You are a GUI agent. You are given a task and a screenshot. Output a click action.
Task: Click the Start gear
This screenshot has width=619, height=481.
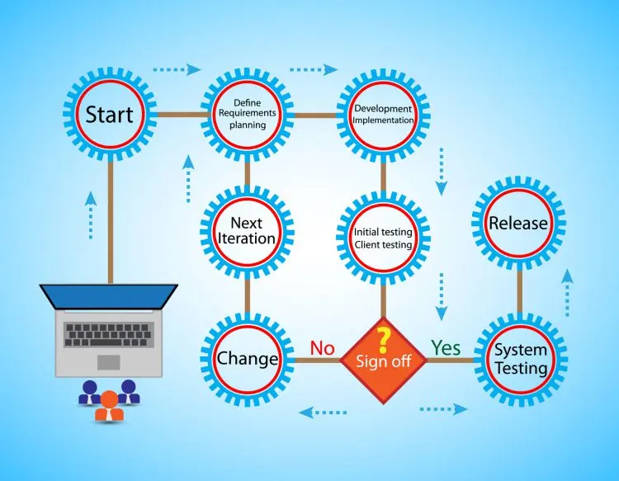[110, 115]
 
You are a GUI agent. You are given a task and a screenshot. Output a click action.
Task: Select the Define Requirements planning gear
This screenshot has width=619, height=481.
[248, 115]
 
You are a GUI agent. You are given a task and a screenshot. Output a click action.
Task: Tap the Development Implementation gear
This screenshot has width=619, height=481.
[383, 115]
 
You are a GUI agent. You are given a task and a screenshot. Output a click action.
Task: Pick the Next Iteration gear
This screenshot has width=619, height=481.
[248, 231]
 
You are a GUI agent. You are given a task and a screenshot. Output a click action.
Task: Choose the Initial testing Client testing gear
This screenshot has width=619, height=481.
[383, 238]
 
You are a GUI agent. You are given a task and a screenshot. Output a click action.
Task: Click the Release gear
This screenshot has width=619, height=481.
[519, 223]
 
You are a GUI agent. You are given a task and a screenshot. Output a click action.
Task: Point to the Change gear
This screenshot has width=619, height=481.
[248, 359]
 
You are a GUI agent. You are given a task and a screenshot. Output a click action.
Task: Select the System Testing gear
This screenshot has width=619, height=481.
[520, 359]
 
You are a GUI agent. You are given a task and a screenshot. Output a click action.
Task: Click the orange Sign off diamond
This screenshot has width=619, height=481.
[383, 361]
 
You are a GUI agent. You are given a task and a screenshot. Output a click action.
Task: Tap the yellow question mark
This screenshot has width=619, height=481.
[383, 340]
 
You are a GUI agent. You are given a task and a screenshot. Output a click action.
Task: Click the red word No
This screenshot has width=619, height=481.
[322, 348]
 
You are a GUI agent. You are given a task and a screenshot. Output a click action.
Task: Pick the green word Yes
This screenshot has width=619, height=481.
[446, 347]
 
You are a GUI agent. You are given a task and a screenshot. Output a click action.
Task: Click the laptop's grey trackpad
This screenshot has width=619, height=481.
[109, 362]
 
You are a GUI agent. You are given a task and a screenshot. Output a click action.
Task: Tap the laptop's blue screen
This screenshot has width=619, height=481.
[109, 297]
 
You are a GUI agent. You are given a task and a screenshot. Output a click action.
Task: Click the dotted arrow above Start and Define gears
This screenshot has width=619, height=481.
[177, 69]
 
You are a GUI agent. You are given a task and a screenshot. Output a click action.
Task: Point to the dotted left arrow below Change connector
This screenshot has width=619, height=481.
[323, 413]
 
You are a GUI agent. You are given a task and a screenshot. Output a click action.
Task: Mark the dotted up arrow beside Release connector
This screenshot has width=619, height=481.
[567, 292]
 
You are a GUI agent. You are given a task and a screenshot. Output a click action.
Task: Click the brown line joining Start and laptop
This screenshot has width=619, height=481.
[111, 223]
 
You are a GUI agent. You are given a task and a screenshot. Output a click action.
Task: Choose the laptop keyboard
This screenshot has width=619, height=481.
[109, 335]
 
